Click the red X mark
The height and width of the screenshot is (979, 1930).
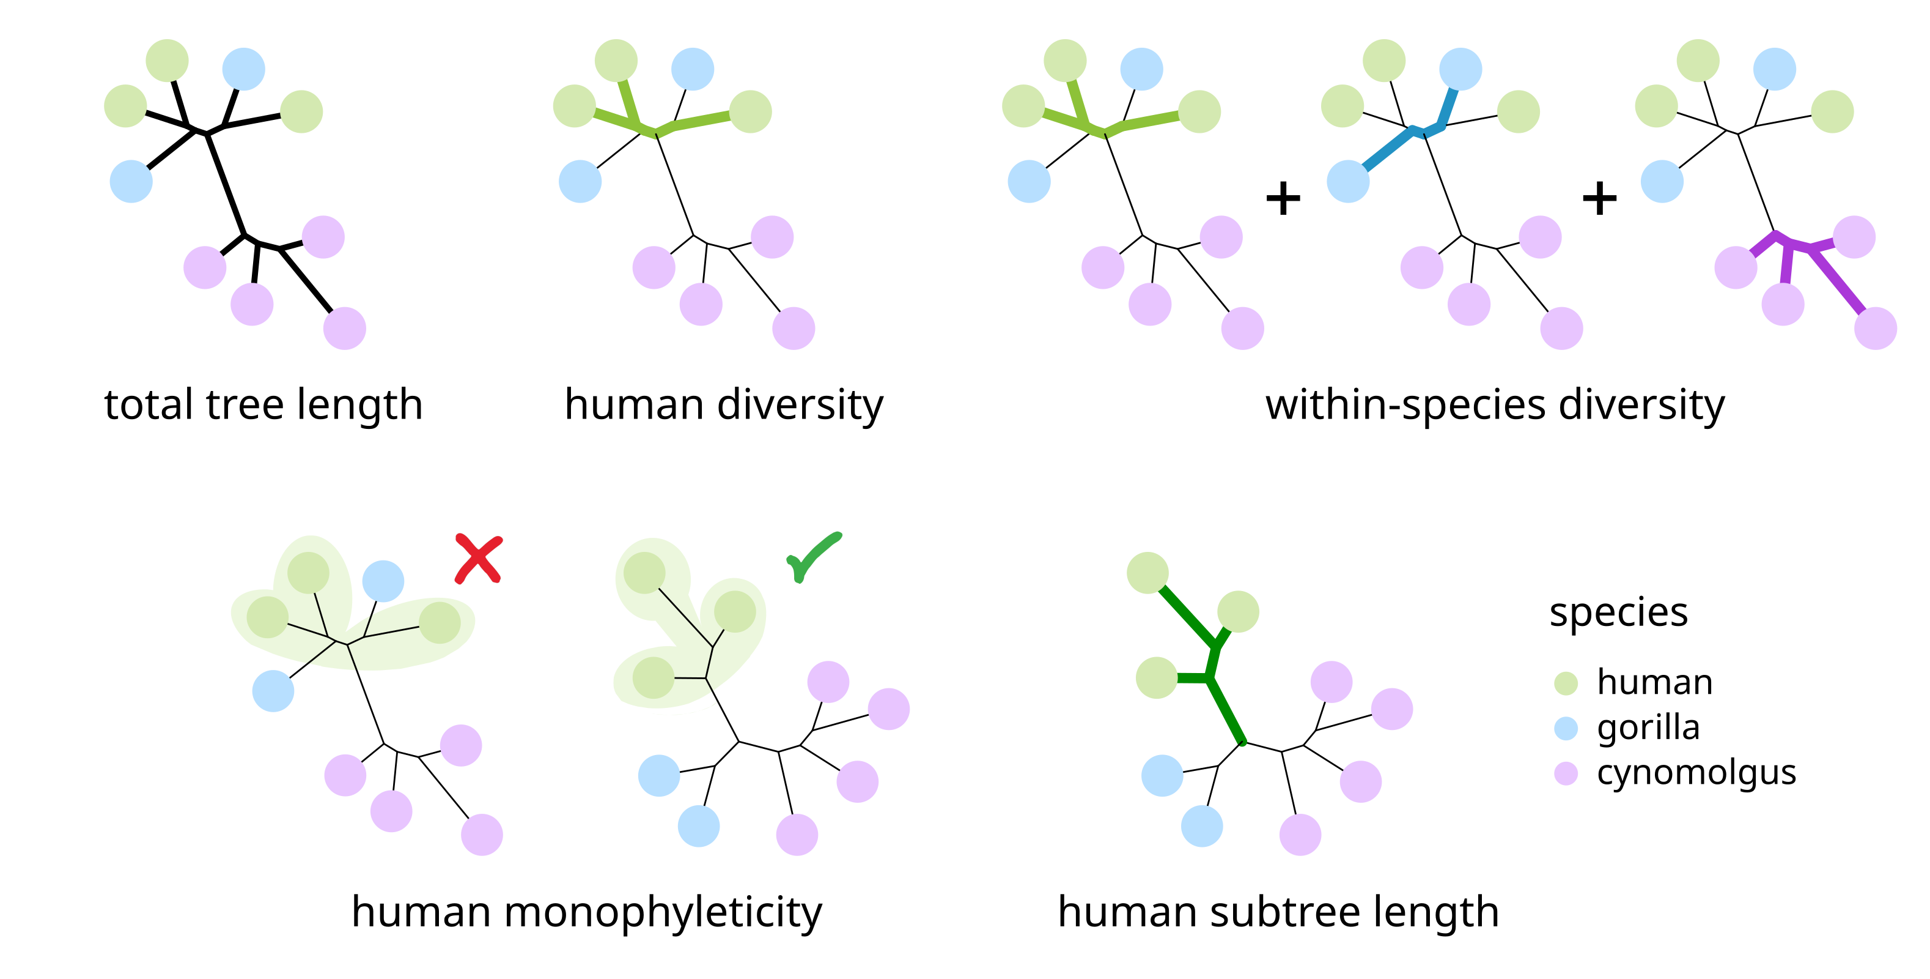[478, 559]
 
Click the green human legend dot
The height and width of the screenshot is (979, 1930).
[1566, 683]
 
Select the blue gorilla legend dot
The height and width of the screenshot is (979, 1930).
[1566, 728]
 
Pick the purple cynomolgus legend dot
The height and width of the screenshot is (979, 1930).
[1566, 773]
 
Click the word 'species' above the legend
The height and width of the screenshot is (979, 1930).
[1618, 613]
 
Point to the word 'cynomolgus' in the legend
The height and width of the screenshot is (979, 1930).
[1696, 773]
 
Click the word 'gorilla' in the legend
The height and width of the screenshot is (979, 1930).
[1648, 727]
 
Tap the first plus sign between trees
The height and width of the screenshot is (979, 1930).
[1283, 199]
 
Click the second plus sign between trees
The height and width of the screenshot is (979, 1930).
[1599, 199]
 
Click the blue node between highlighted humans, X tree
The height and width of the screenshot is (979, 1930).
[383, 581]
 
